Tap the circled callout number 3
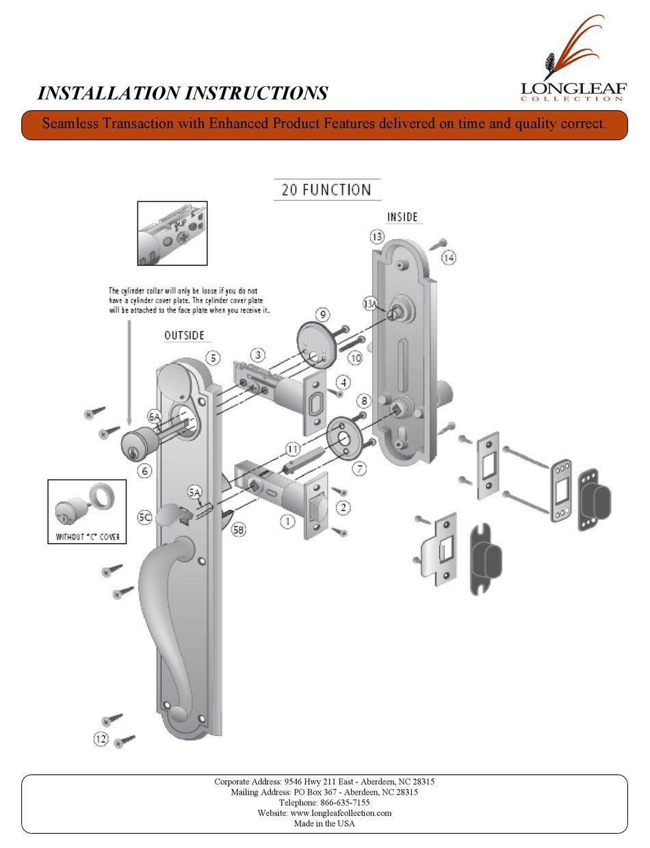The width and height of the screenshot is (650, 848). [257, 355]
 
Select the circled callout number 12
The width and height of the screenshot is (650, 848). [101, 738]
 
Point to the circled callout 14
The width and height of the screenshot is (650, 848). [448, 258]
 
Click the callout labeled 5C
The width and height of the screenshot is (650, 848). [144, 518]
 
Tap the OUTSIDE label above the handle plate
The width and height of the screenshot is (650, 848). [187, 336]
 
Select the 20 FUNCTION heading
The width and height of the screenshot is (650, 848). [326, 189]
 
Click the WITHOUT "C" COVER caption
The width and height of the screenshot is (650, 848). [86, 537]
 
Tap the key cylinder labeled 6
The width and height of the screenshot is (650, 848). [140, 443]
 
